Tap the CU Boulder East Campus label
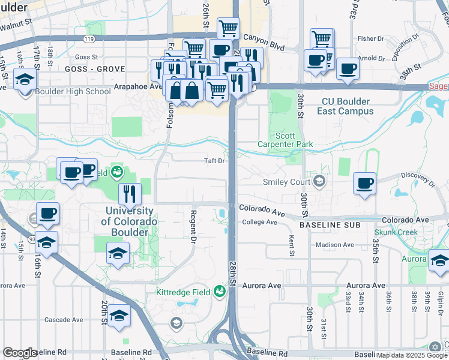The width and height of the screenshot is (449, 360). coord(348,106)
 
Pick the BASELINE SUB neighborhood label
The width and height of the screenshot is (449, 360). coord(330,224)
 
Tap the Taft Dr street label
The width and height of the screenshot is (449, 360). coord(214,161)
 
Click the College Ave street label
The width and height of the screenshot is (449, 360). coord(259,222)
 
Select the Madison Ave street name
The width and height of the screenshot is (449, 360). coord(336,245)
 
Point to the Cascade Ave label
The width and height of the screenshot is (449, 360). coord(63,320)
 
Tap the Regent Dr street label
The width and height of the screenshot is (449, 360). coord(193,226)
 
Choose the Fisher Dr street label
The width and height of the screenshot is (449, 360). coord(370,38)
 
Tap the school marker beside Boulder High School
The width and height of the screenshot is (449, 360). coord(25,80)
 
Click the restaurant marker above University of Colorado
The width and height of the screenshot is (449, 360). coord(130,194)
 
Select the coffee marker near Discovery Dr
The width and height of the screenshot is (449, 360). coord(364,182)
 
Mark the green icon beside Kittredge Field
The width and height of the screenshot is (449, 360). coord(219,292)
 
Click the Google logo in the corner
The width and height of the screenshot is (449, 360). coord(20,353)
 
